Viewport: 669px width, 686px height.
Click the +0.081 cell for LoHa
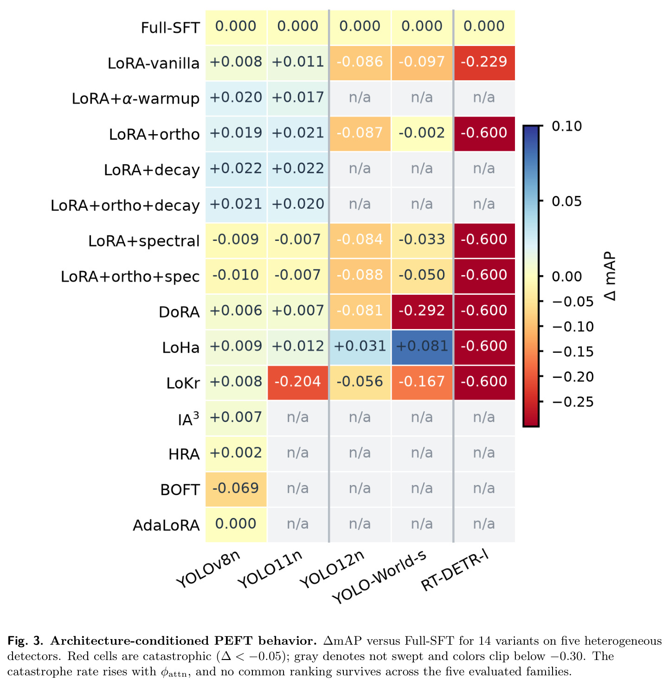click(x=421, y=347)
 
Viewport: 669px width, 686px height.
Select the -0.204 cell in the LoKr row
click(x=297, y=382)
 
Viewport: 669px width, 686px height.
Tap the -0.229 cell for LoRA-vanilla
click(x=484, y=62)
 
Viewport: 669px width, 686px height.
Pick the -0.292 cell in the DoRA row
click(x=421, y=311)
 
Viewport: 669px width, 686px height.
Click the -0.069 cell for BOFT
click(x=235, y=489)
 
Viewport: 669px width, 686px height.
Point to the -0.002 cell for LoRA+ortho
click(x=421, y=133)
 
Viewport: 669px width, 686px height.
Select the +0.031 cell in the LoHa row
click(x=360, y=347)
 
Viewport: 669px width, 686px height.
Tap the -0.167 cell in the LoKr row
click(x=421, y=382)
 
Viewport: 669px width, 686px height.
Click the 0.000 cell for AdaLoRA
click(x=235, y=524)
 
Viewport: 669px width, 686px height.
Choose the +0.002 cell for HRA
click(x=235, y=453)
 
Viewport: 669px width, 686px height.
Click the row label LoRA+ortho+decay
click(x=125, y=206)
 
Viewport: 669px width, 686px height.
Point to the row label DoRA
click(x=179, y=312)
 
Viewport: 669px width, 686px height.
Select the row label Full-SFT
click(x=170, y=28)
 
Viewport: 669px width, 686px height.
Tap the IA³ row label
click(x=188, y=419)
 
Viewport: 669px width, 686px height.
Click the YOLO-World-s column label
click(x=380, y=576)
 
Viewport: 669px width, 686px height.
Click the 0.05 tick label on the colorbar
click(x=566, y=201)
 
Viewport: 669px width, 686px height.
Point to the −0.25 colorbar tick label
click(x=573, y=402)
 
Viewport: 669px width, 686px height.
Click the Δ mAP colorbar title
click(x=610, y=276)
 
